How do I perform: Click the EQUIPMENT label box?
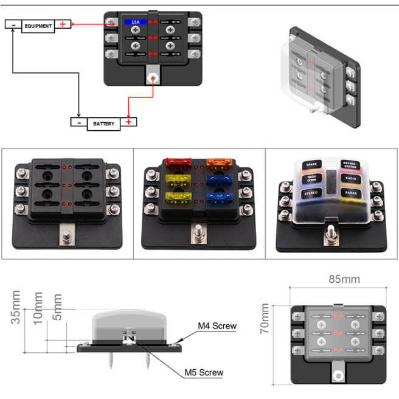[x=39, y=26]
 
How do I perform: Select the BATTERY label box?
[x=103, y=123]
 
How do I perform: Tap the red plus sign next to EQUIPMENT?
[x=63, y=25]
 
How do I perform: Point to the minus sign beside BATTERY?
[x=79, y=122]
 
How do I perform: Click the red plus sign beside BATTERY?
[x=128, y=122]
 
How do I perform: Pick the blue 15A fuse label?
[x=132, y=22]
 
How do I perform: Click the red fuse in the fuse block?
[x=179, y=163]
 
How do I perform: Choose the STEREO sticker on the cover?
[x=311, y=193]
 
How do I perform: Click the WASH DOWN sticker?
[x=311, y=178]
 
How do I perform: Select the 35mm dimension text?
[x=17, y=308]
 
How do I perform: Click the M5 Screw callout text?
[x=204, y=372]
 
